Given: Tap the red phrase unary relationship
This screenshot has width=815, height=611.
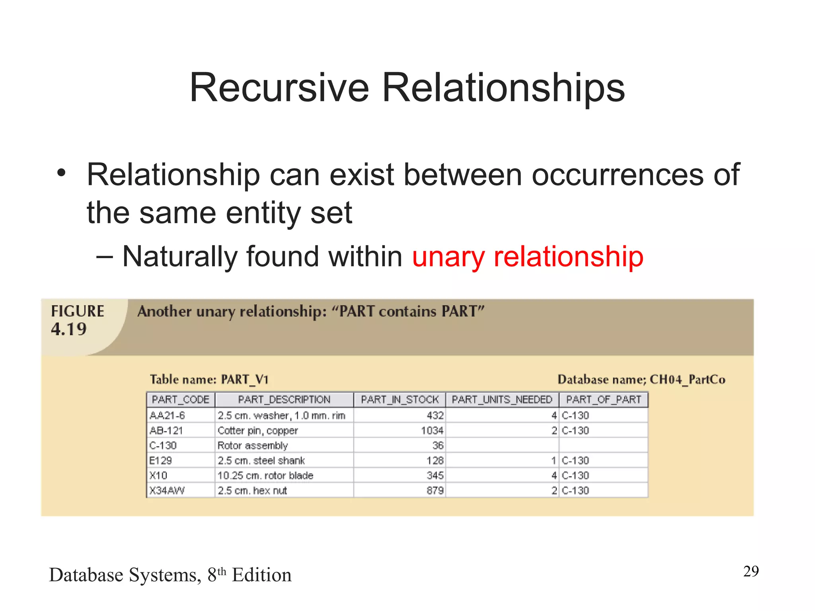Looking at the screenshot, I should [528, 257].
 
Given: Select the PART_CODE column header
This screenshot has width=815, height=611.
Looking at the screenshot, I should [181, 399].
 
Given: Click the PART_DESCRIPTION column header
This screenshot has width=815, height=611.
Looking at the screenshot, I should [284, 399].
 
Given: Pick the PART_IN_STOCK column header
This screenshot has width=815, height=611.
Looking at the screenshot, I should [400, 399].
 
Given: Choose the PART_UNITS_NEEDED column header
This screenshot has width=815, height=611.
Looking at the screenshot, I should [502, 399].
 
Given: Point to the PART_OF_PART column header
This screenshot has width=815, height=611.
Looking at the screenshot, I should [603, 399].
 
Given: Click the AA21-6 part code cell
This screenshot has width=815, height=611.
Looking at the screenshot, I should [168, 416].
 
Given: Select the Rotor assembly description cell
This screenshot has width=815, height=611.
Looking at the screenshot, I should [253, 446].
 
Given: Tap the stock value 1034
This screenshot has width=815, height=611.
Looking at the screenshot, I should [432, 430].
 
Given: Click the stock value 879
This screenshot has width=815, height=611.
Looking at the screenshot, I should [435, 490].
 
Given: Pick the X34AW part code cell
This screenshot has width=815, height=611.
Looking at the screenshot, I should [167, 490].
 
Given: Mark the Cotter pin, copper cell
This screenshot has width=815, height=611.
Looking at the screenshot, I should [258, 430].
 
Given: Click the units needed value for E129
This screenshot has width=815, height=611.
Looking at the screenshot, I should [554, 461].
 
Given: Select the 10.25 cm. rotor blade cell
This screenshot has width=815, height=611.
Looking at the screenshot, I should [265, 475].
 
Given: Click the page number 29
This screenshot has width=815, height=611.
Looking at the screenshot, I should [751, 571].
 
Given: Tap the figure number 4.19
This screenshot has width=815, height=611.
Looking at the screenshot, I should [68, 329].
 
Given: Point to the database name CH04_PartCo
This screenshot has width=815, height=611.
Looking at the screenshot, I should [687, 379].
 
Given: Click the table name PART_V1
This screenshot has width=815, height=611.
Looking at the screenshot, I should [245, 379].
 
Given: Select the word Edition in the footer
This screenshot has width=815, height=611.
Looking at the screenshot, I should [261, 575].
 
